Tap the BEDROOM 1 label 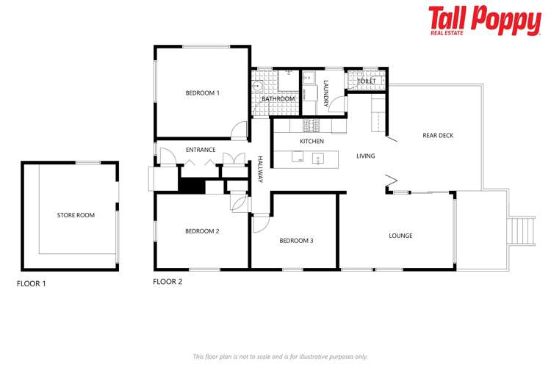point(202,92)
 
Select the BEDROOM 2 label point(202,231)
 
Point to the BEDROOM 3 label point(296,240)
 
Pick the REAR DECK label point(439,135)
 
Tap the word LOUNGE point(400,236)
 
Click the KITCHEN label point(311,141)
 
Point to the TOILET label point(367,81)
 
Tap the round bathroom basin point(257,87)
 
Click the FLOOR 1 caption point(32,283)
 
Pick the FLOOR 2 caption point(168,281)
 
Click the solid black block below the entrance point(192,186)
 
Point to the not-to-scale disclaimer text point(280,356)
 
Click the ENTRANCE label point(200,150)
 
